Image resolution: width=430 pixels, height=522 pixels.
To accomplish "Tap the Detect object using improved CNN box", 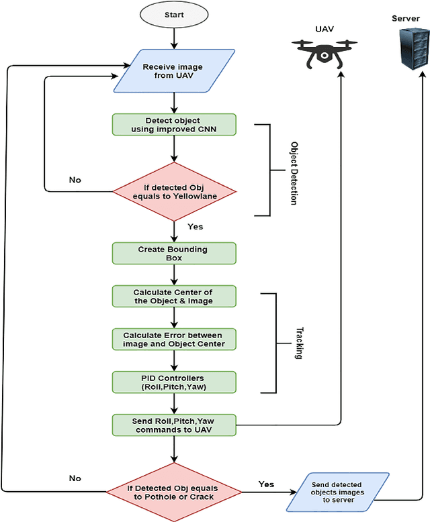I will coord(174,125).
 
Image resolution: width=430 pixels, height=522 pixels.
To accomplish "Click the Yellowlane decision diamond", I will coord(174,191).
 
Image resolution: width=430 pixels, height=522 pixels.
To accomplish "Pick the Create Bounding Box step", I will coord(174,253).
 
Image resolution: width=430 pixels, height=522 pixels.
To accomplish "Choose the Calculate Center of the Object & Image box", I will coord(174,296).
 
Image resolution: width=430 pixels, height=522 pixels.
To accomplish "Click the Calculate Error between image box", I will coord(174,339).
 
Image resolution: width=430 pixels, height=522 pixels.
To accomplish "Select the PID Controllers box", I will coord(174,382).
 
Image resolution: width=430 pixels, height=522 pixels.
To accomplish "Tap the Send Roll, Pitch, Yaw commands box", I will coord(174,424).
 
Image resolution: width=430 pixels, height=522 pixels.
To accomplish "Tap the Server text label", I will coord(406,18).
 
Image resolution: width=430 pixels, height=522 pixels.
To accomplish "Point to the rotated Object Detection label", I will coord(294,173).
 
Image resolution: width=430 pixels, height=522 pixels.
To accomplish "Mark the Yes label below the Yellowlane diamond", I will coord(195,227).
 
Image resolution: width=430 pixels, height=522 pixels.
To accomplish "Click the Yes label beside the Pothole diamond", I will coord(267,484).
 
